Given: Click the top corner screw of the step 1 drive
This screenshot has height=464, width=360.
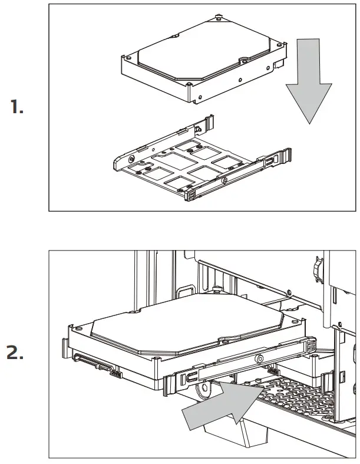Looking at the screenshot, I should point(219,18).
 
